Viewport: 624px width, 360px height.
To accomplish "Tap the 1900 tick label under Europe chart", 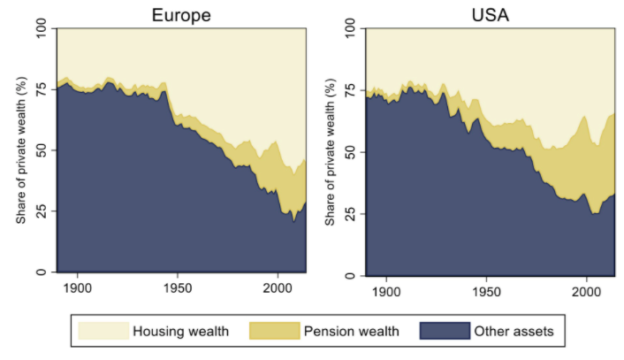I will tap(78, 287).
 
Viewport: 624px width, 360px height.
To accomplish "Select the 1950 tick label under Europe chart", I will tap(178, 287).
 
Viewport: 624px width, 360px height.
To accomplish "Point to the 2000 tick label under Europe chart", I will tap(278, 287).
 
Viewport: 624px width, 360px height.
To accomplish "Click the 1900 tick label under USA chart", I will tap(386, 287).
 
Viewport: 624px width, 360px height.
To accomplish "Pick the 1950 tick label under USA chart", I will tap(486, 287).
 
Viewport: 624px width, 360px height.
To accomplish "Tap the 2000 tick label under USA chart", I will tap(586, 287).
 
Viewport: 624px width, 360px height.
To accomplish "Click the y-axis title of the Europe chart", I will tap(20, 150).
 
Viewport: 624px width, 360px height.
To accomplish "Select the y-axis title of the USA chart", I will tap(329, 150).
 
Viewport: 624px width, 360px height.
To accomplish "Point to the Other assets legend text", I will tap(514, 332).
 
